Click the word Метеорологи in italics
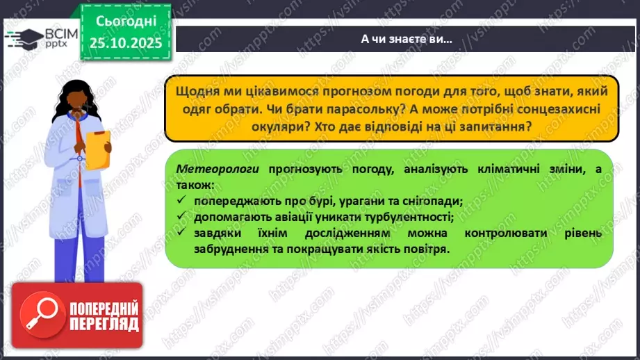pyautogui.click(x=207, y=168)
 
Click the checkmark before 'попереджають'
pyautogui.click(x=181, y=200)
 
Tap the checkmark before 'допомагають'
pyautogui.click(x=181, y=216)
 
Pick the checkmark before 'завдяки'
pyautogui.click(x=181, y=233)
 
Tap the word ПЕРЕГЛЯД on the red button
pyautogui.click(x=104, y=323)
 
